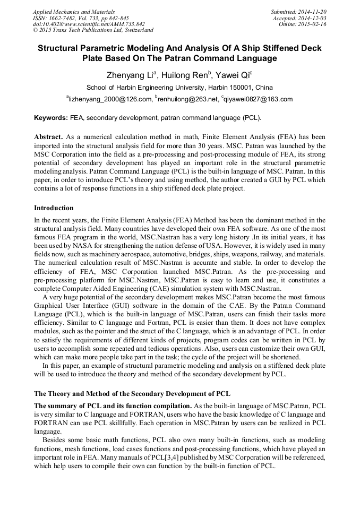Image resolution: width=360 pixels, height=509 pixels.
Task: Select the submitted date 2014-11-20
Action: point(313,11)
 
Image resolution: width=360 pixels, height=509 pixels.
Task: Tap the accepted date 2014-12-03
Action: point(313,18)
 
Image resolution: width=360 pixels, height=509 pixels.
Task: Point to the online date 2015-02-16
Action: point(313,24)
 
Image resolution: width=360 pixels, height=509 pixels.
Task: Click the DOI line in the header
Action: point(88,24)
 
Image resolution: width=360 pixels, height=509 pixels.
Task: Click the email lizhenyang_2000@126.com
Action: point(109,99)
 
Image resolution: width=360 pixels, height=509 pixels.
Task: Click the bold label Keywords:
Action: point(51,117)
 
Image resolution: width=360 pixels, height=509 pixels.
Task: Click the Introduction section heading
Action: point(54,208)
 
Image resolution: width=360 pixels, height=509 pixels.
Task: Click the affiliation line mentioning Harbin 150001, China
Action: point(179,88)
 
